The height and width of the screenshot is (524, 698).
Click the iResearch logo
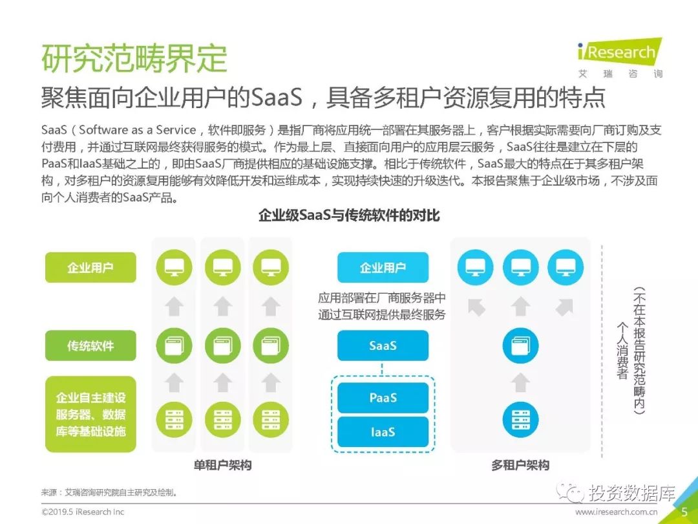coord(620,58)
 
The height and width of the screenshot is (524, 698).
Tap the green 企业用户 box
coord(90,267)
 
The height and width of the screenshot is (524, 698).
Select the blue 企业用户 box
coord(383,267)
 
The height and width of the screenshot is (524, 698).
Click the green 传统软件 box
coord(90,345)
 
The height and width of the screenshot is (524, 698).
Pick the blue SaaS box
coord(383,345)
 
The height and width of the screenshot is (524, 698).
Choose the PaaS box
coord(383,397)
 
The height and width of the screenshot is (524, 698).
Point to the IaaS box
coord(383,431)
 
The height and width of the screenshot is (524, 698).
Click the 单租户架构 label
coord(222,465)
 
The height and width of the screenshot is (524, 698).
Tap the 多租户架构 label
coord(520,465)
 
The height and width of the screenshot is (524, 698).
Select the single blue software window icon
coord(520,345)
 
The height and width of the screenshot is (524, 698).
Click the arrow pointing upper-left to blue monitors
coord(477,307)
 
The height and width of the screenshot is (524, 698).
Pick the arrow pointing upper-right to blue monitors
coord(564,307)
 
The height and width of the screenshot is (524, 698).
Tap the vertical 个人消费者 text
coord(622,351)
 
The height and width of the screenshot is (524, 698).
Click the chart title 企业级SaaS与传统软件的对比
coord(349,215)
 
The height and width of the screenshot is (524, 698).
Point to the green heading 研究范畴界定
coord(134,58)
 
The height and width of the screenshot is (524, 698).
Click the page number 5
coord(684,512)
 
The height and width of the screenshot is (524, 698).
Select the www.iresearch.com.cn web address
coord(616,512)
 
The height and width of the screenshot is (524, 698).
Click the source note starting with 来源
coord(109,492)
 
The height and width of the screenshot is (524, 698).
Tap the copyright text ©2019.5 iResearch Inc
coord(83,512)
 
